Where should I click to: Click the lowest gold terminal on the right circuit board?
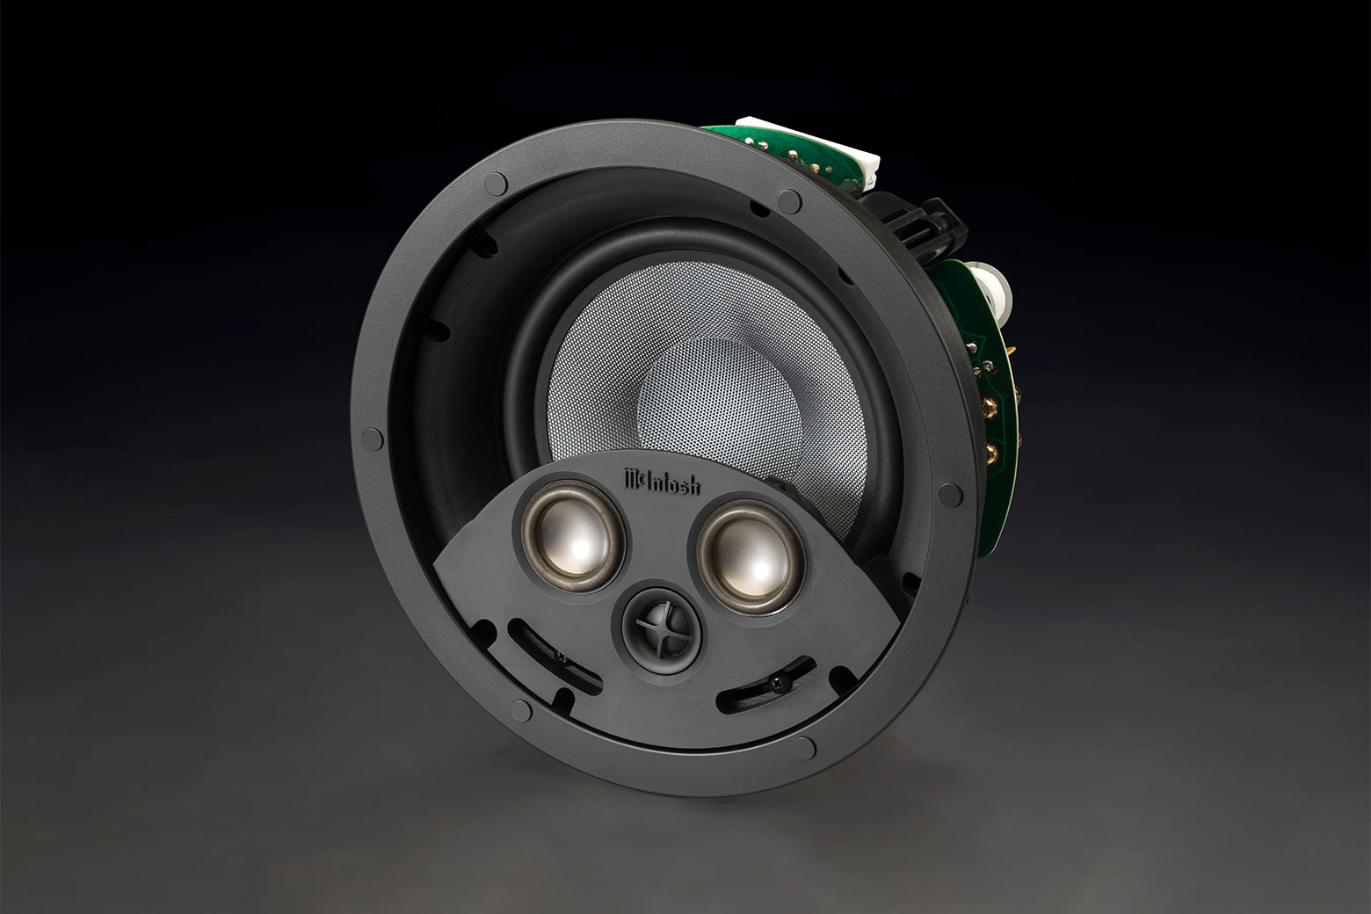click(x=991, y=455)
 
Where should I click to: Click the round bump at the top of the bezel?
click(x=497, y=183)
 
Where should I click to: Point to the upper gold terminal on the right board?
click(x=991, y=405)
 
